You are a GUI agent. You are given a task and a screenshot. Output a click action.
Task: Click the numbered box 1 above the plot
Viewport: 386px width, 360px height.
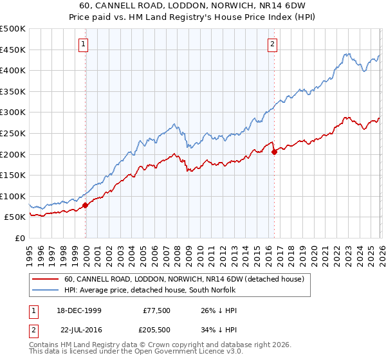coord(84,44)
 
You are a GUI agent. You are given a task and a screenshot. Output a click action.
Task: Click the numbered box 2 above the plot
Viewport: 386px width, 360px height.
coord(273,44)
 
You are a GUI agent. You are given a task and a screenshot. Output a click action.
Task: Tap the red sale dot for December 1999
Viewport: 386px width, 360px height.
coord(86,206)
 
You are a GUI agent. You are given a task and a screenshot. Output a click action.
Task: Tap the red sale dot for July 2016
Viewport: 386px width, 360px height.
coord(275,152)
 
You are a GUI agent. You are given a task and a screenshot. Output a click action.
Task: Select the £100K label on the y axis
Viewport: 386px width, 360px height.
coord(14,196)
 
